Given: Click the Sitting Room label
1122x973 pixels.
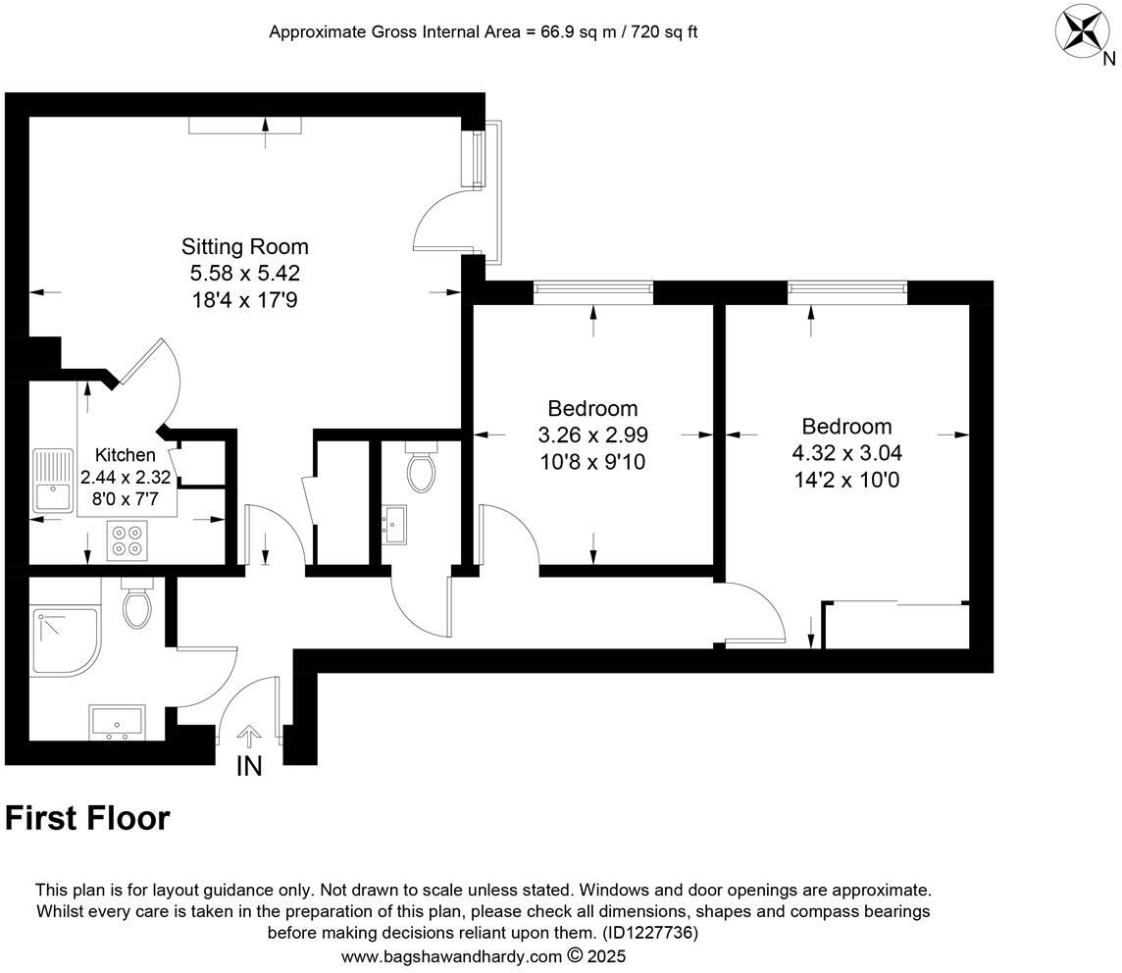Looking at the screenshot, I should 244,246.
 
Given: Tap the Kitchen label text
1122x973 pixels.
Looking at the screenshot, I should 125,455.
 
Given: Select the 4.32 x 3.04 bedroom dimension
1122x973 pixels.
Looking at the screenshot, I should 846,453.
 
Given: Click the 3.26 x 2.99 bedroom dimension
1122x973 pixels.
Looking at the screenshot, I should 592,435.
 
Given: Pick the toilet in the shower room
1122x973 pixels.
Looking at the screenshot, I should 136,603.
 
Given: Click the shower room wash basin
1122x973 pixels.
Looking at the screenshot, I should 117,721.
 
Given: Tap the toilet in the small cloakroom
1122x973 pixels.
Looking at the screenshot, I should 421,468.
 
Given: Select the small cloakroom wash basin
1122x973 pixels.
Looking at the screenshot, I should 395,525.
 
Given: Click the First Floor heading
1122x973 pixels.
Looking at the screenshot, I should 87,818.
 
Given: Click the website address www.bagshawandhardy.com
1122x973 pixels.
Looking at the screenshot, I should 451,955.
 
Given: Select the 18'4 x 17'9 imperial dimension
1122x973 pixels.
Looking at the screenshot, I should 244,299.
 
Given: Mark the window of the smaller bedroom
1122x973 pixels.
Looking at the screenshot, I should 593,287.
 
